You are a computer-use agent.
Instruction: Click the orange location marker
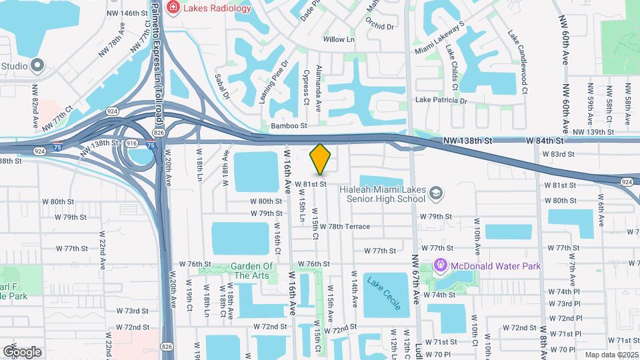point(321,159)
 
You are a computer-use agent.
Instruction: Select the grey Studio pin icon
point(37,65)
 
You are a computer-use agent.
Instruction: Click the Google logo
point(22,351)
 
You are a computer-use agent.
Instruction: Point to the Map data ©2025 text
point(611,355)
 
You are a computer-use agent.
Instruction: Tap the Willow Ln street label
point(339,40)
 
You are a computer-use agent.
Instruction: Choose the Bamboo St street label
point(289,125)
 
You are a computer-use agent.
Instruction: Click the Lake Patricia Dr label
point(441,101)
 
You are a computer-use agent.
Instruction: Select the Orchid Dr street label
point(380,27)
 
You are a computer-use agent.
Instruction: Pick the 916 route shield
point(131,143)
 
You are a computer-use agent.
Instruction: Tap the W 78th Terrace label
point(345,227)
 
